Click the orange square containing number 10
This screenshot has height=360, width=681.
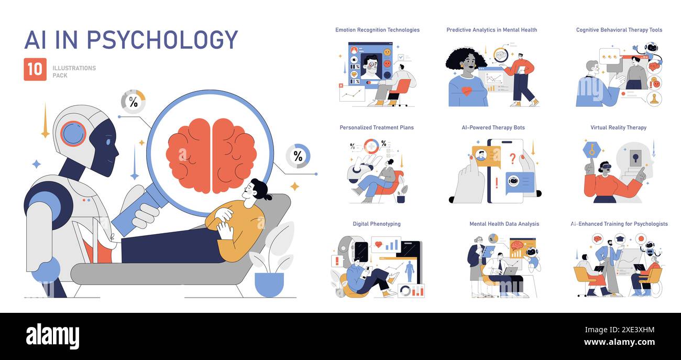coord(35,69)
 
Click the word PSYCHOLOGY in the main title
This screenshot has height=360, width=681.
coord(162,40)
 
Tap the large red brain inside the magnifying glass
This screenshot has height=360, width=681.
coord(211,155)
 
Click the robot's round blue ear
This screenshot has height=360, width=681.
coord(73,133)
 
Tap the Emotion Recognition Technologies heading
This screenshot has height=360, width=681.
coord(377,30)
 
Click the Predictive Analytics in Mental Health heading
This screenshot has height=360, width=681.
coord(491,30)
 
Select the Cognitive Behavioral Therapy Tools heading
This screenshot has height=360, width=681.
coord(619,30)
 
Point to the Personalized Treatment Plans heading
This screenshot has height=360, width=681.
coord(376,127)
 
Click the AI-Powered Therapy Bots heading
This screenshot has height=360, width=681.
coord(493,127)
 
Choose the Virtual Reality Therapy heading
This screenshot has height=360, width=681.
coord(618,127)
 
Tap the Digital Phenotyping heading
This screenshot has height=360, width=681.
coord(376,224)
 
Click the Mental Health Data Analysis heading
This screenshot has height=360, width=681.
coord(504,224)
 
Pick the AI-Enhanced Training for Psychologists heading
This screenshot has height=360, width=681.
coord(619,224)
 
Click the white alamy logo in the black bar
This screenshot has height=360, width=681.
coord(52,336)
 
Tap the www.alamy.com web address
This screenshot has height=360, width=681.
coord(619,342)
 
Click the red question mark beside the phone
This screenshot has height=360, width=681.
coord(513,158)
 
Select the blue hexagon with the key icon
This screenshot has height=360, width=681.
coord(591,150)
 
